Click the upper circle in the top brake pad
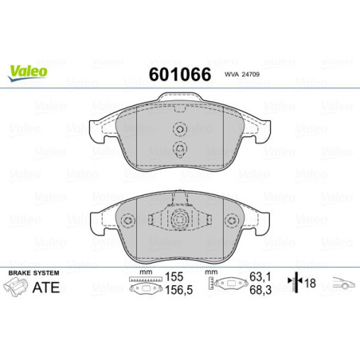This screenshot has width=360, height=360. click(179, 133)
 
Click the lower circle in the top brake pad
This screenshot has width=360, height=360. click(179, 150)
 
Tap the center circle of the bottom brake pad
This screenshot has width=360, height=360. click(179, 222)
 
